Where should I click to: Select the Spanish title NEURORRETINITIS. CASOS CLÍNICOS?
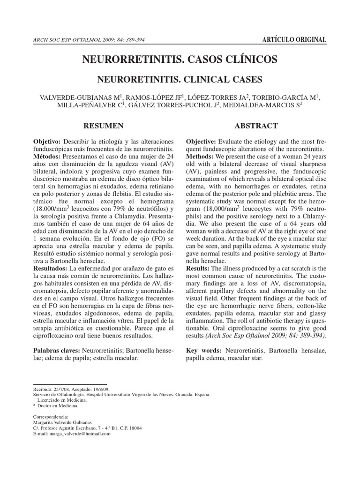point(180,60)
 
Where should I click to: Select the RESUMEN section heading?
point(103,126)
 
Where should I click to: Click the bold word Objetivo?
point(47,142)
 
